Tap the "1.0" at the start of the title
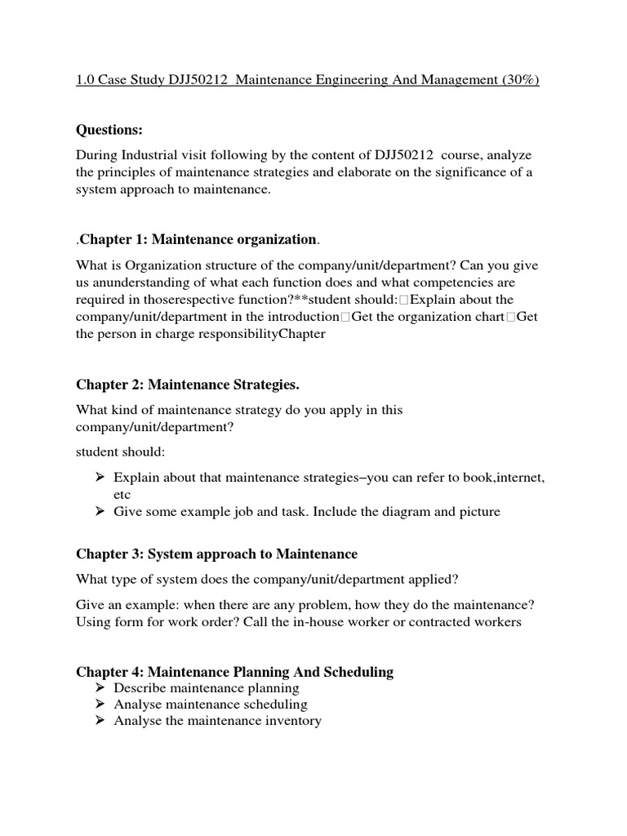(x=86, y=80)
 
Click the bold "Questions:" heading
(x=109, y=130)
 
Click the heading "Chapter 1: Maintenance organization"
(x=198, y=239)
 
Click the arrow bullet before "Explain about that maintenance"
(x=99, y=477)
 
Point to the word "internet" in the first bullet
(x=515, y=477)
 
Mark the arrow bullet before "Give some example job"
(x=99, y=512)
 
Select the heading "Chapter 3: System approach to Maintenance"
(x=216, y=554)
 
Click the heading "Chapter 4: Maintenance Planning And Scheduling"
(x=234, y=672)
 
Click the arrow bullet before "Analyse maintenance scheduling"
(x=99, y=705)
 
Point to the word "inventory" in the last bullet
(x=294, y=721)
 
